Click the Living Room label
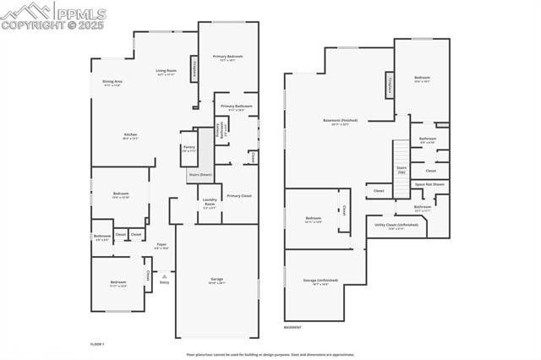pos(166,71)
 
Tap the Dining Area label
pos(112,83)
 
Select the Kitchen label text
pos(130,135)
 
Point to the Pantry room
pos(189,148)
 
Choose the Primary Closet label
pos(239,195)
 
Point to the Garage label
pos(217,280)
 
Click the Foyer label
pos(161,246)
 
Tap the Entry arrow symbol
pos(166,275)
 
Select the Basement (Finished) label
pos(341,122)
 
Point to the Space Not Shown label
pos(430,183)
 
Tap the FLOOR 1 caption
pos(97,344)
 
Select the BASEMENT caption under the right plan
pos(292,327)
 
